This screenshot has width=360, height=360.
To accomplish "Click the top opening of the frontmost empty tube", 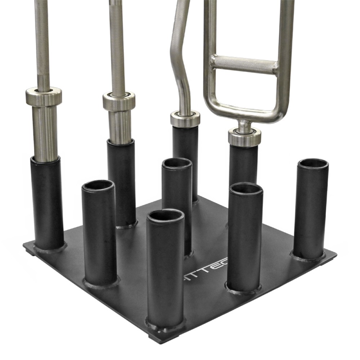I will (166, 215).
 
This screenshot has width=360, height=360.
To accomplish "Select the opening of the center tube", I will (177, 163).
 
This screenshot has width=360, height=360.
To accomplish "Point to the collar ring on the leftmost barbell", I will (44, 96).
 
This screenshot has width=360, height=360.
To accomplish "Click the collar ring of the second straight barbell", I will (119, 101).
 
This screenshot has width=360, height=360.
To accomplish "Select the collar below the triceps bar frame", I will (244, 137).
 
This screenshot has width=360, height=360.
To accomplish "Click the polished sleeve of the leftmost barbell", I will (45, 133).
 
